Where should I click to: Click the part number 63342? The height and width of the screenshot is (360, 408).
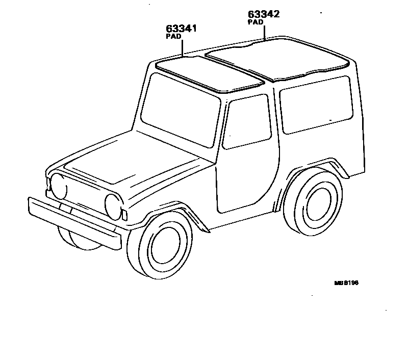[x=264, y=14]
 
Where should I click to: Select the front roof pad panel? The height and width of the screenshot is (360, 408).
[x=209, y=74]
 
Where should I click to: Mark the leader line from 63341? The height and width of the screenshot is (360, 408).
[x=182, y=48]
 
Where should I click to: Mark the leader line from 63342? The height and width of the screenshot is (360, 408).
[x=264, y=33]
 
